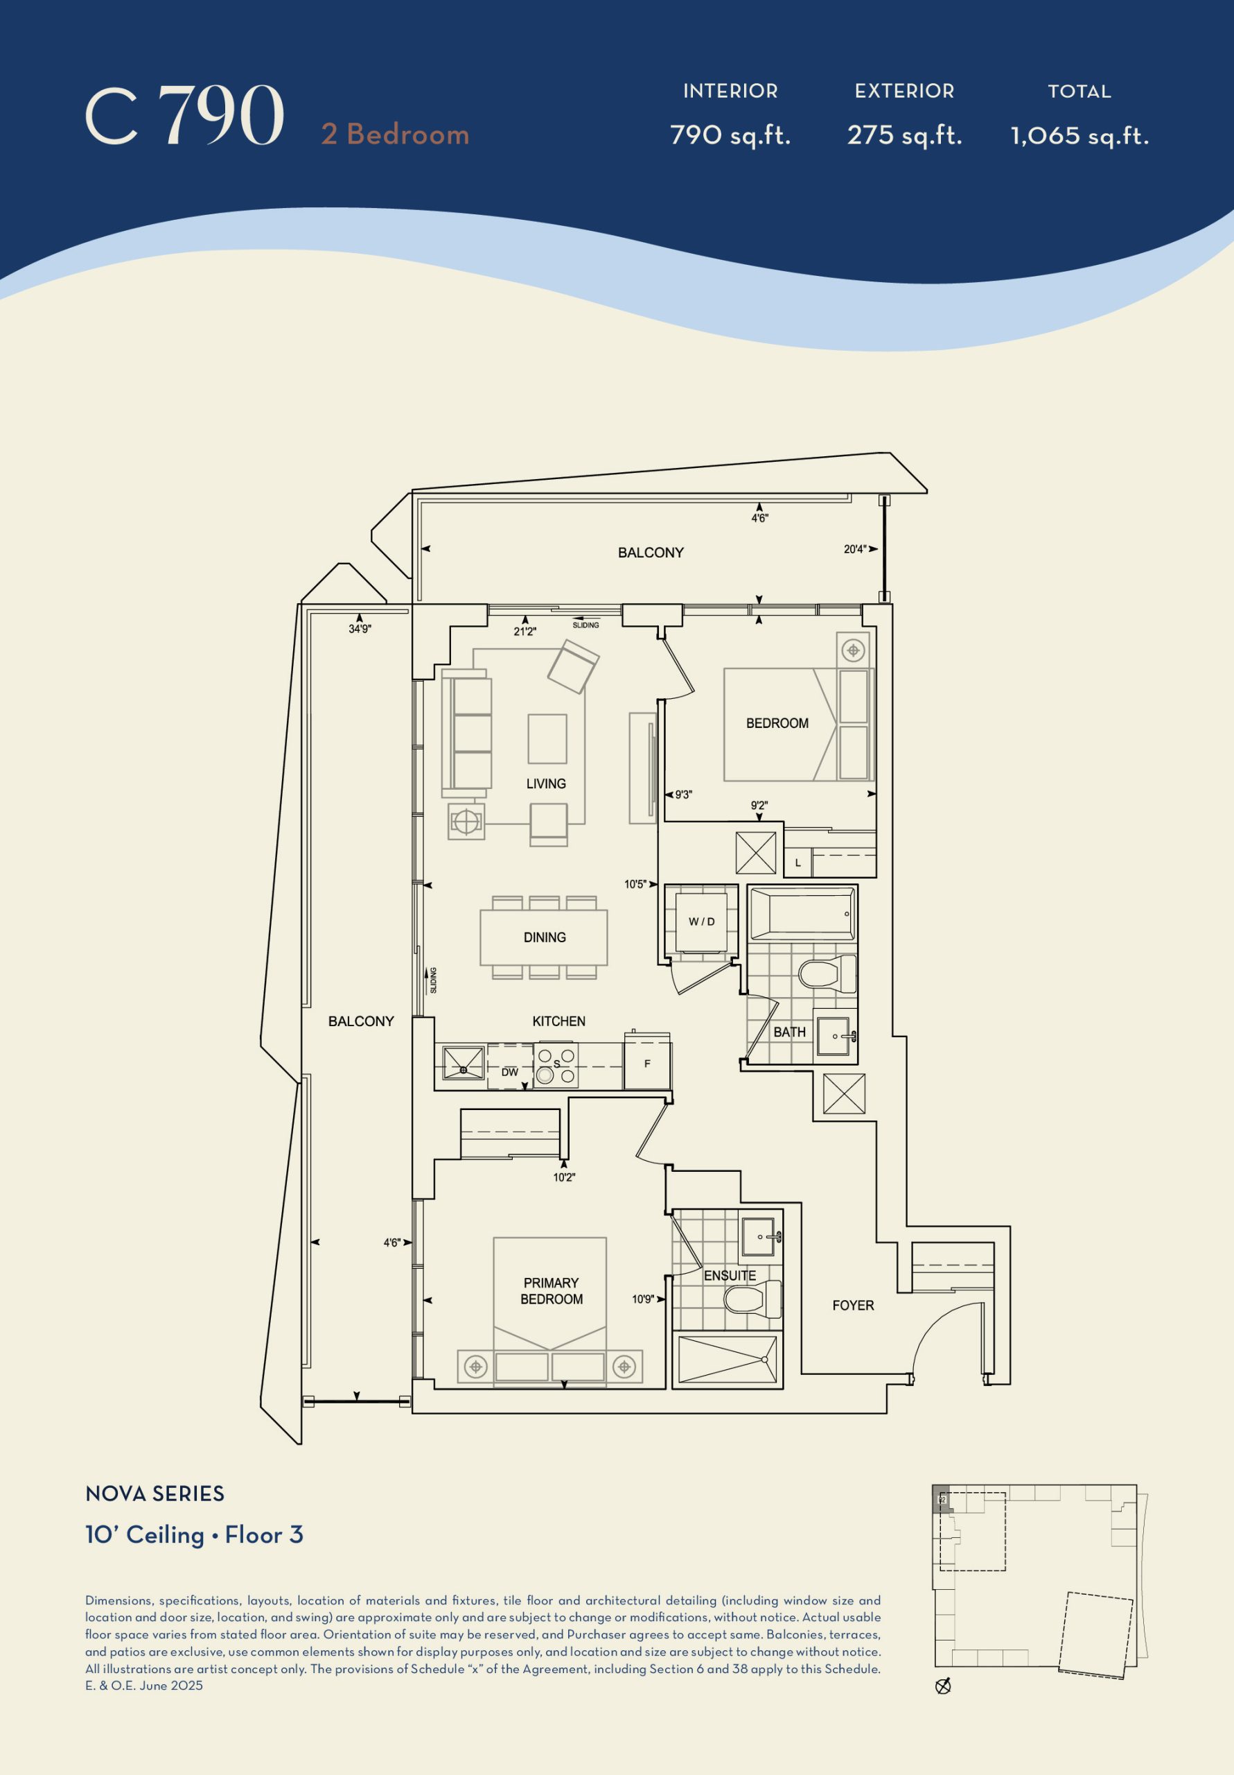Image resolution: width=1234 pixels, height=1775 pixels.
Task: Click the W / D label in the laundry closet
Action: (702, 921)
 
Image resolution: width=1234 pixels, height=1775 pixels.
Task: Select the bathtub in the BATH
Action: (802, 914)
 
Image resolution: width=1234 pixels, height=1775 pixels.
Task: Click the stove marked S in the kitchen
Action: (556, 1065)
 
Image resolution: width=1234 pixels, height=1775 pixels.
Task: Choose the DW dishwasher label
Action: (510, 1072)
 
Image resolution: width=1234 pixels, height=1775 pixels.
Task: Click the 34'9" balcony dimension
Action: (360, 630)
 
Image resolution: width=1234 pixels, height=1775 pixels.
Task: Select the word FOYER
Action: (853, 1305)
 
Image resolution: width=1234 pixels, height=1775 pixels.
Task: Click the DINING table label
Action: (545, 937)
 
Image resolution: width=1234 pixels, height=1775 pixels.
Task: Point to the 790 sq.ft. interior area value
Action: (730, 135)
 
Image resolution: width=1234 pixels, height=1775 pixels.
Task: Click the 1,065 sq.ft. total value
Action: (1079, 136)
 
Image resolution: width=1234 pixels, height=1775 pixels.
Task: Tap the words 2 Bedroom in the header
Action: (395, 135)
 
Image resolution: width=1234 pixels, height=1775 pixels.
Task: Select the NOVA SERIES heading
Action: (155, 1493)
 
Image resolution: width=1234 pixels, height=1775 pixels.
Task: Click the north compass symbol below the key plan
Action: (943, 1686)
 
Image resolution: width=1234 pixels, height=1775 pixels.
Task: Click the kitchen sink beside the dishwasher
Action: (463, 1064)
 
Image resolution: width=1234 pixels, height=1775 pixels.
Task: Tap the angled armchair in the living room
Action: (573, 666)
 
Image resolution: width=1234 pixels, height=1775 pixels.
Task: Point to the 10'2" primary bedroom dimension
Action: (564, 1177)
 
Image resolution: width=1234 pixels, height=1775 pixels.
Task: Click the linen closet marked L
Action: (798, 863)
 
